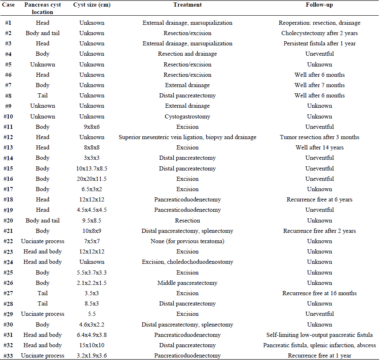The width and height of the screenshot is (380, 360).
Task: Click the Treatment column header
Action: point(187,5)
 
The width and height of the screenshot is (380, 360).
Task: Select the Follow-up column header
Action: point(319,5)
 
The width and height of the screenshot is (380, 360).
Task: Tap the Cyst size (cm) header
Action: point(92,5)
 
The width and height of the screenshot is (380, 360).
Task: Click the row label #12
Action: point(9,137)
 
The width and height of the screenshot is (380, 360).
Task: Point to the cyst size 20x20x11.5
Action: point(92,179)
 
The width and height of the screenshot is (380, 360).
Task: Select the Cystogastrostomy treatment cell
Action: point(187,116)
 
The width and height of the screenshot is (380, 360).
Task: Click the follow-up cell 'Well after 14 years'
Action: point(319,148)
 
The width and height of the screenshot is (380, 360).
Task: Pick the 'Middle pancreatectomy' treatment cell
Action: point(187,283)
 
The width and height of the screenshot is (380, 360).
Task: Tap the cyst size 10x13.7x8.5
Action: point(92,168)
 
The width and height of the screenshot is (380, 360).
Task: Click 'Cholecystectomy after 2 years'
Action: point(319,33)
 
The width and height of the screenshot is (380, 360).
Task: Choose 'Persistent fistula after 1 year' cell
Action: point(319,44)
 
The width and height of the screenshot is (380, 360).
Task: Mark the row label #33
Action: point(9,356)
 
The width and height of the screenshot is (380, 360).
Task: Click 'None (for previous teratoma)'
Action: point(187,242)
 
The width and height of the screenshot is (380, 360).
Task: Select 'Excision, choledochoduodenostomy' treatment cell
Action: point(187,262)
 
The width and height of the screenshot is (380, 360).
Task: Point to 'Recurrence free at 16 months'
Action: point(319,294)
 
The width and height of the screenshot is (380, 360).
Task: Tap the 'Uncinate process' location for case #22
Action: point(42,242)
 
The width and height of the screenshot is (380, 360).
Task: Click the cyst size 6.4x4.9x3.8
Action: point(92,335)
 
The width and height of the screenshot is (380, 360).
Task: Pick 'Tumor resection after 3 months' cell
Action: point(319,137)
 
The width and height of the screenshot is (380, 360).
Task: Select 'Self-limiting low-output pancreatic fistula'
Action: point(319,335)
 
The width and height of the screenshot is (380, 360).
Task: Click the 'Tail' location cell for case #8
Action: point(42,96)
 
